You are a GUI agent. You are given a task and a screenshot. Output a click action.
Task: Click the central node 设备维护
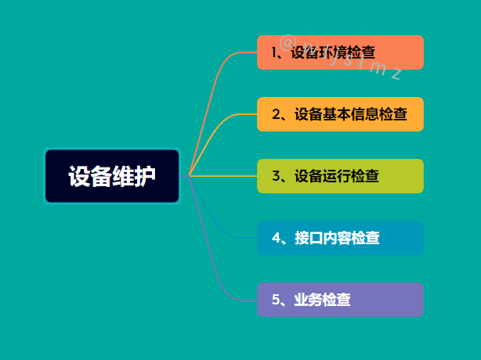[112, 176]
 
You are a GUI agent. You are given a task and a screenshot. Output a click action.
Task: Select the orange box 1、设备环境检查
[340, 52]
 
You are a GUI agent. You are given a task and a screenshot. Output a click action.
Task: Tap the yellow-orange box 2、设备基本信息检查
[340, 114]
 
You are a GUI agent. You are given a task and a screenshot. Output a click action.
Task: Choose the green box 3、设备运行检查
[340, 176]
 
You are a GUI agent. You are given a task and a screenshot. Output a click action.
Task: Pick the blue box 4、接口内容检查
[340, 238]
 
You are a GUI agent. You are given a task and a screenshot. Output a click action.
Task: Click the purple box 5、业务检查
[340, 300]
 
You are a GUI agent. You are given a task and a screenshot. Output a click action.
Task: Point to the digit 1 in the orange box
[275, 52]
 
